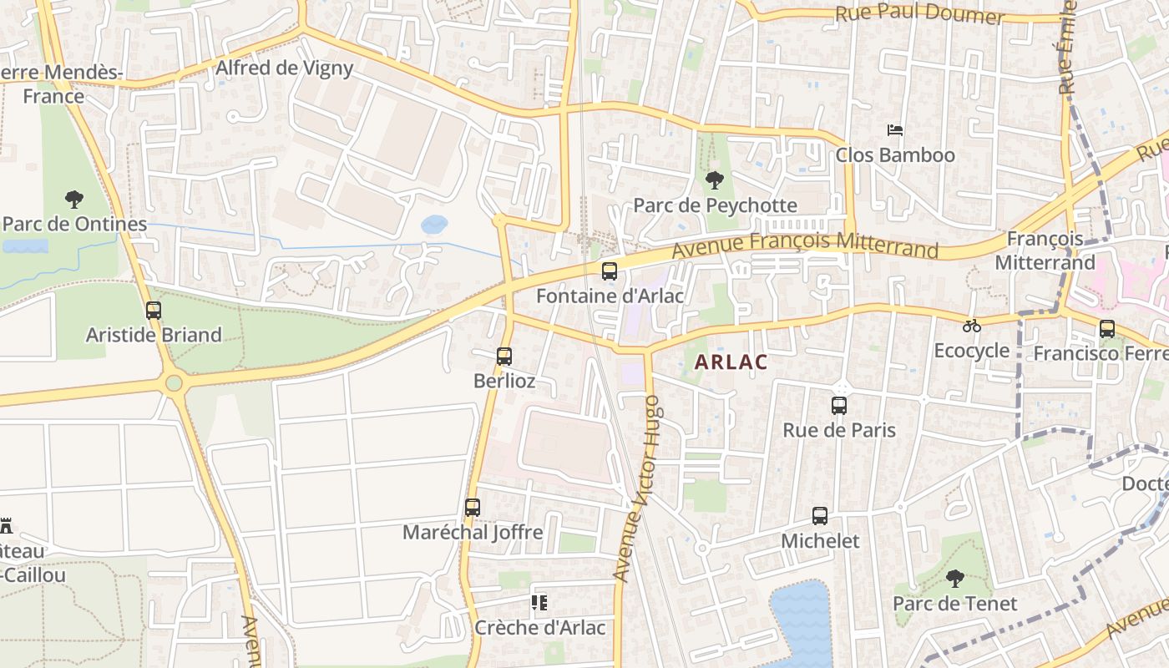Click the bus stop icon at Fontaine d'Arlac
(x=610, y=271)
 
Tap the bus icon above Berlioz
(x=504, y=357)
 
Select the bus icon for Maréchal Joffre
(x=473, y=508)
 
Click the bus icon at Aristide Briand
(x=154, y=311)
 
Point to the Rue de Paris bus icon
(x=839, y=406)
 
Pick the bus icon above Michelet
(x=820, y=516)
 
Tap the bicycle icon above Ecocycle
(x=971, y=326)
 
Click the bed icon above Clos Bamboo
(x=895, y=130)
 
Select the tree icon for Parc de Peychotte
(x=714, y=180)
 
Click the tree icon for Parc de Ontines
(x=74, y=200)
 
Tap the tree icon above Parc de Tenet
(x=954, y=579)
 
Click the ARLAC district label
(x=731, y=362)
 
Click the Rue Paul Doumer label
(x=919, y=15)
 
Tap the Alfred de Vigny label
(x=285, y=68)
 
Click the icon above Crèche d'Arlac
(x=539, y=603)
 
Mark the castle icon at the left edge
(x=7, y=526)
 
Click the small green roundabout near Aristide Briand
(x=174, y=383)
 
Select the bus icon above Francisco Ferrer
(x=1107, y=329)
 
